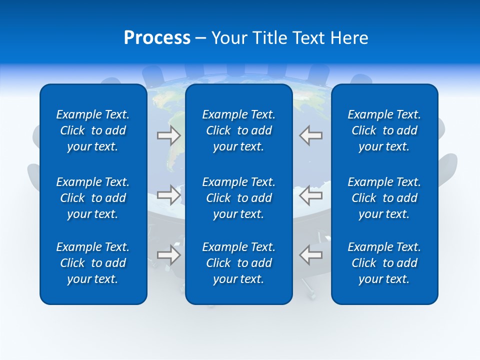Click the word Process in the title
pos(157,38)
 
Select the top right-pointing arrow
pos(168,135)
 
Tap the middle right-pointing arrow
pos(168,195)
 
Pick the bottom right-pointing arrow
pos(168,255)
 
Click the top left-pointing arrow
pos(310,135)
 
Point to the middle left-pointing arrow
pos(310,195)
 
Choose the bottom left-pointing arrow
pos(310,255)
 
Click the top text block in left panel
pos(93,130)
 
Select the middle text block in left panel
pos(93,198)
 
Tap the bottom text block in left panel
pos(93,263)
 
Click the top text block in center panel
pos(238,130)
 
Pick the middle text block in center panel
pos(238,198)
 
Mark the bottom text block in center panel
pos(238,263)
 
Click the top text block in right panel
pos(384,130)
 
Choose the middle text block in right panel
pos(384,198)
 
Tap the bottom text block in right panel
pos(384,263)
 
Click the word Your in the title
pos(228,38)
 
